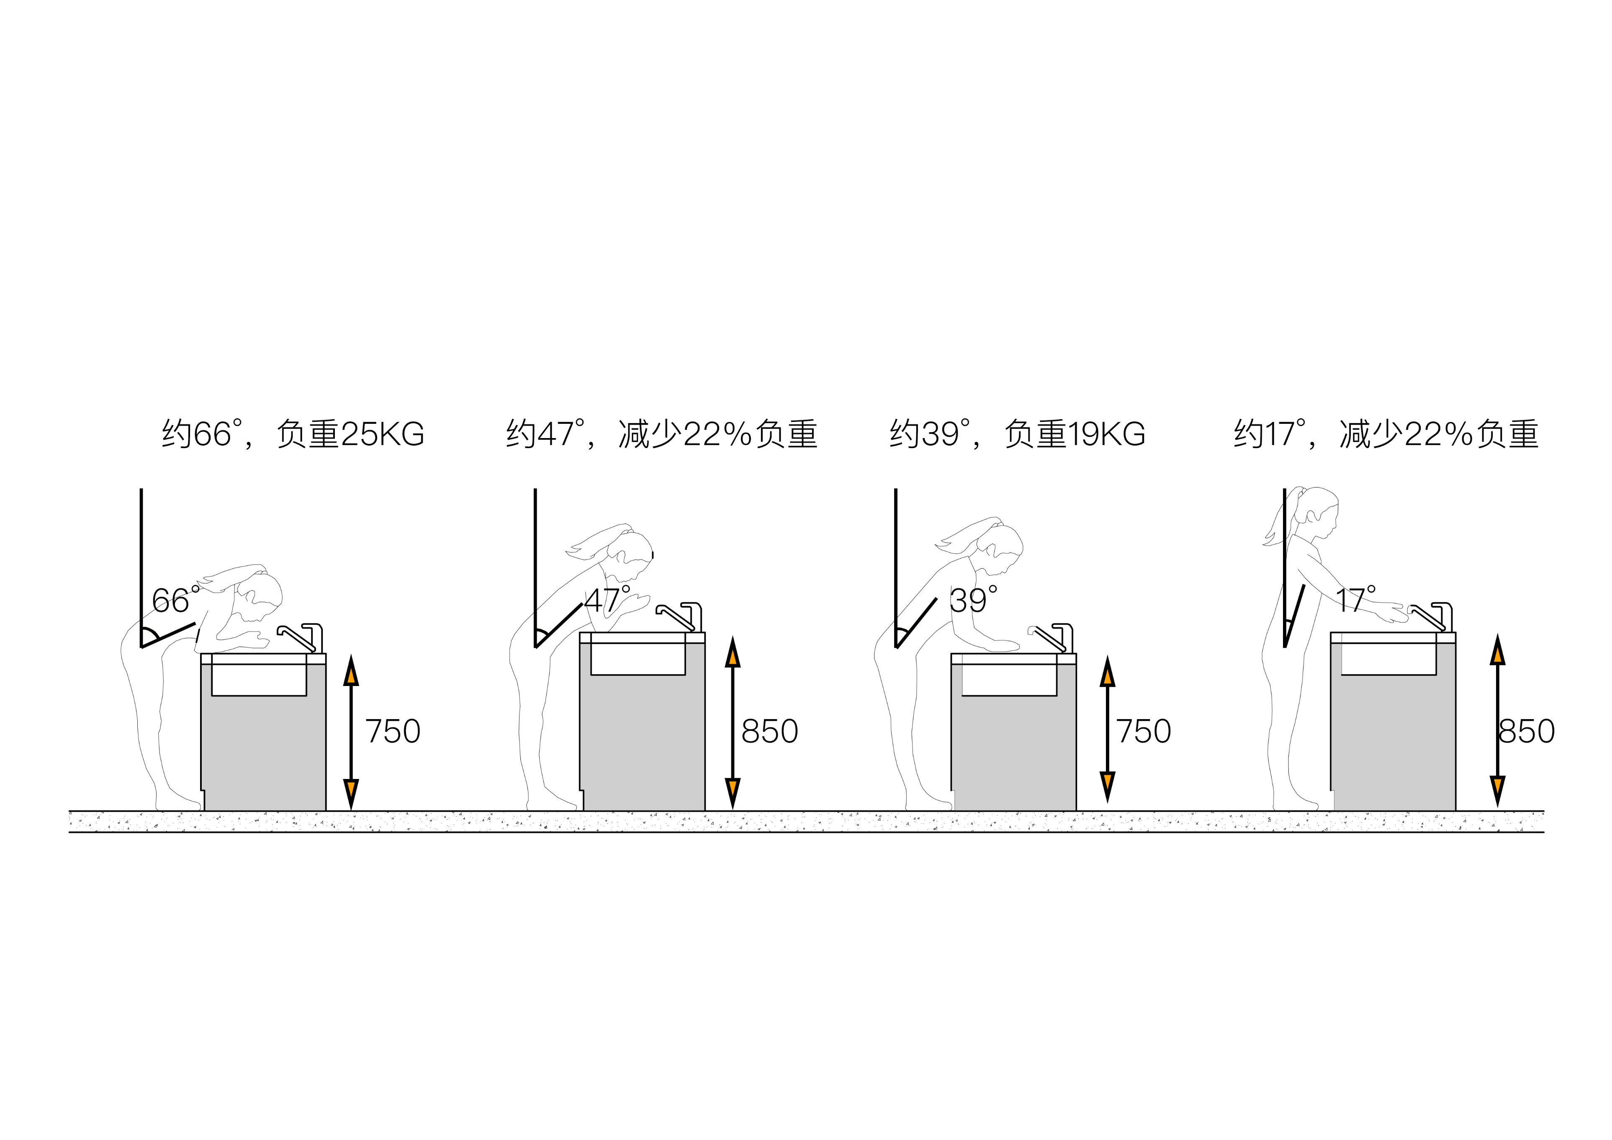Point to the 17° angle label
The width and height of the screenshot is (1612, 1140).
(x=1355, y=599)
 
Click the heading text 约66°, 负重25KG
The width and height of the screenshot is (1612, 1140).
(x=293, y=434)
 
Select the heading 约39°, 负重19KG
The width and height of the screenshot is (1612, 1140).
(x=1017, y=434)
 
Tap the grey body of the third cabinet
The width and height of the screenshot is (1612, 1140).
(x=1013, y=752)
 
